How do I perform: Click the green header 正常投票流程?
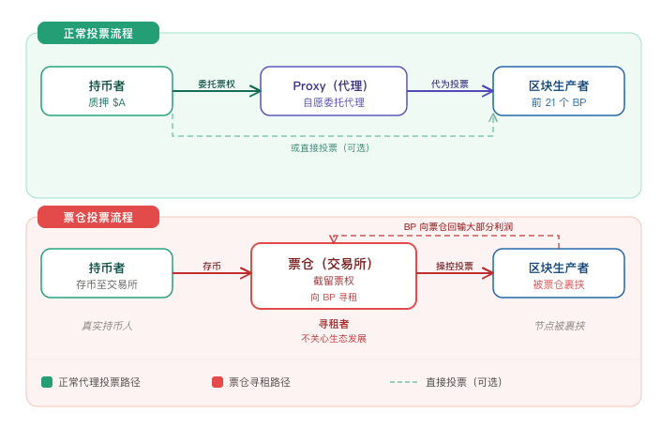point(98,33)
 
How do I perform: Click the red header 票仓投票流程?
point(98,217)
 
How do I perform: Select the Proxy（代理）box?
point(334,91)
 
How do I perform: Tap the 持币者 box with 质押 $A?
point(107,91)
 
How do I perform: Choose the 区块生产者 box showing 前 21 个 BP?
point(559,91)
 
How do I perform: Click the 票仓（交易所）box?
point(334,276)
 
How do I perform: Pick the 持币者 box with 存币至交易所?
point(107,273)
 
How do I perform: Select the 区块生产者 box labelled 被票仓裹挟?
point(559,273)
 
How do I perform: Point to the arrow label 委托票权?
point(217,84)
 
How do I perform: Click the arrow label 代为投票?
point(450,84)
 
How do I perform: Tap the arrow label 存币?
point(212,266)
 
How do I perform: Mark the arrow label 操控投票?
point(455,266)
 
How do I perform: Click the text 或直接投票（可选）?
point(330,147)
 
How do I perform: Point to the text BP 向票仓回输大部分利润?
point(458,226)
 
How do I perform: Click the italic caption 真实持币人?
point(107,326)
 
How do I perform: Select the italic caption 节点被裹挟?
point(559,326)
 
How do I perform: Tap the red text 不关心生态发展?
point(334,338)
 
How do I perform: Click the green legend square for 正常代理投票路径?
point(47,382)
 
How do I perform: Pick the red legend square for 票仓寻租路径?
point(218,382)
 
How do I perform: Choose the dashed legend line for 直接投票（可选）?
point(404,382)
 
